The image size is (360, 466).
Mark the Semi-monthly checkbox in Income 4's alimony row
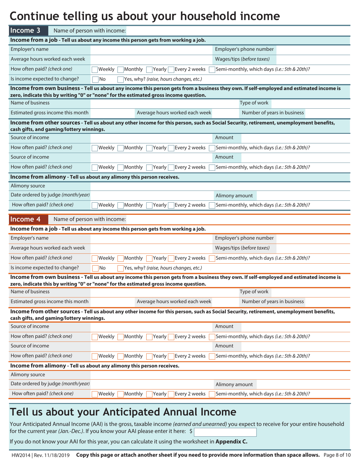click(x=212, y=394)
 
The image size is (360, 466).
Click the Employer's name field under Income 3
click(x=152, y=50)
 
